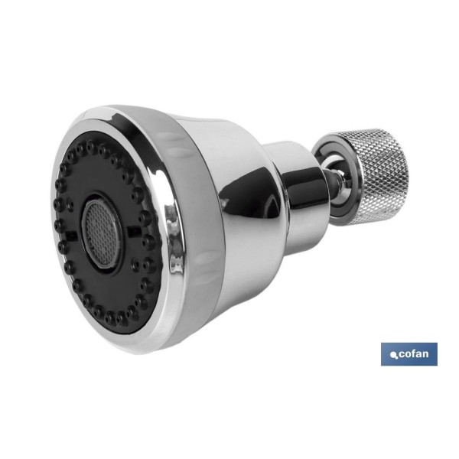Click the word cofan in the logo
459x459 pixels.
(413, 354)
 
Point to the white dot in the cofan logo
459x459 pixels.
(392, 355)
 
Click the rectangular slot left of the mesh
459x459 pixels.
(70, 235)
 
